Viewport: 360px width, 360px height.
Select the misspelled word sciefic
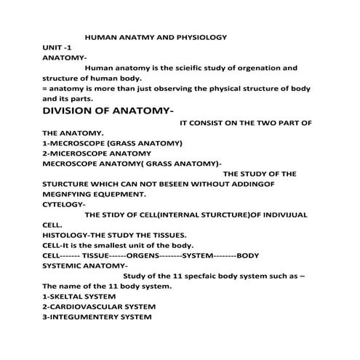196,68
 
